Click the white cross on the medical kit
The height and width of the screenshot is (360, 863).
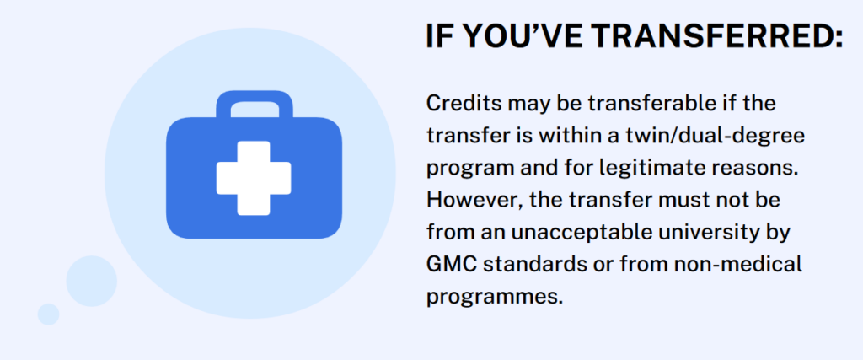coord(254,178)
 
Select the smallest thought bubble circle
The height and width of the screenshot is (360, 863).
coord(49,314)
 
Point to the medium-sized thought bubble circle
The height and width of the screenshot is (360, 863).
coord(91,280)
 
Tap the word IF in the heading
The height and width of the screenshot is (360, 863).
coord(439,36)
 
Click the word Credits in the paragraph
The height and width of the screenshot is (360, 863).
coord(460,103)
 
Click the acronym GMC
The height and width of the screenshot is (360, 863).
coord(451,264)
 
